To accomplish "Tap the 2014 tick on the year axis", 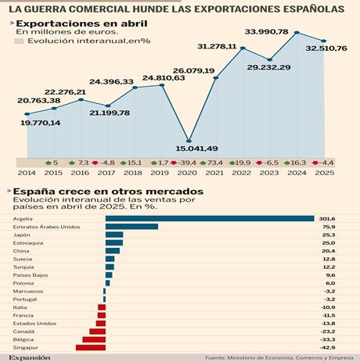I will (27, 172).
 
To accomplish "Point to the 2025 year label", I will (324, 172).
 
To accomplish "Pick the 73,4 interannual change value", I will (217, 162).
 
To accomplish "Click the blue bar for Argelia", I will (209, 218).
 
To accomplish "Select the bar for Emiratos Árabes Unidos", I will (131, 227).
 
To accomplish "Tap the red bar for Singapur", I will (90, 347).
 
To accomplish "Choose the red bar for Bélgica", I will (93, 339).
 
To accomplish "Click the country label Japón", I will (22, 235).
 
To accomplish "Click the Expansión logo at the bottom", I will (29, 357).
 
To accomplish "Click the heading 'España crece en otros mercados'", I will (109, 191).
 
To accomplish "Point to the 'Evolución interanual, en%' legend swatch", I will (20, 40).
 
